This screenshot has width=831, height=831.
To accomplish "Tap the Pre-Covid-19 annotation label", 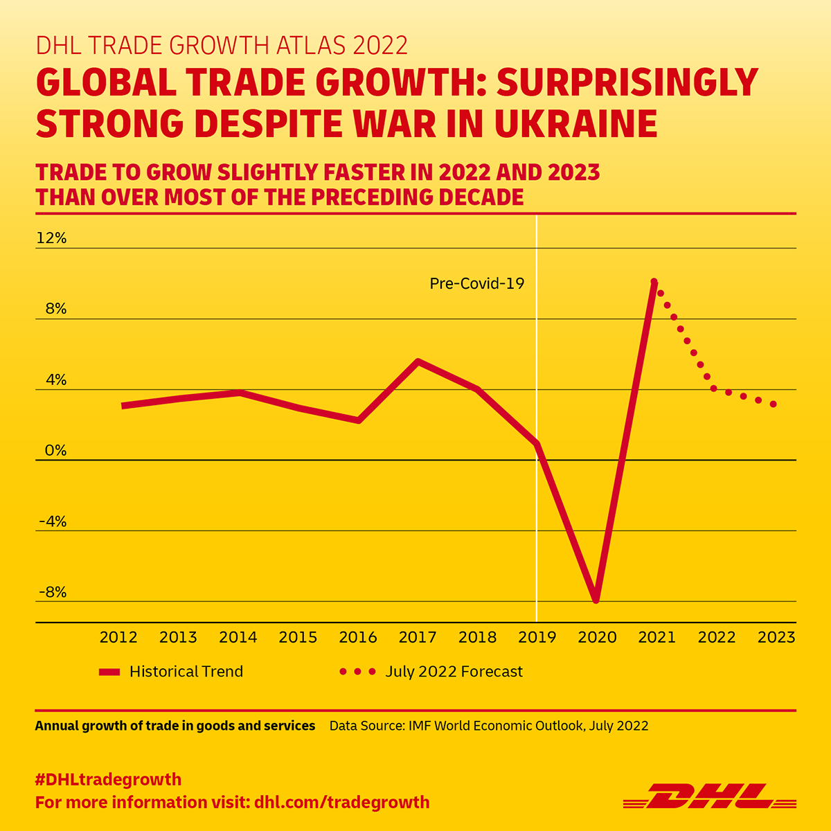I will pos(476,283).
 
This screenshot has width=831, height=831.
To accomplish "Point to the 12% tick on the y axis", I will pos(52,238).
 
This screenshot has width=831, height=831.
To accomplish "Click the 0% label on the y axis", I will pos(55,451).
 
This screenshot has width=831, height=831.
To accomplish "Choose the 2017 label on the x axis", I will pos(418,637).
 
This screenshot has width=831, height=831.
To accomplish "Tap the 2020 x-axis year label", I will pos(597,637).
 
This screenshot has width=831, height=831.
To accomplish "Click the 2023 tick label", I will pos(776,637).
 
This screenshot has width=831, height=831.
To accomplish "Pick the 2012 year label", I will pos(118,637).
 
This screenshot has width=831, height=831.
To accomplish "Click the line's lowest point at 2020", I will pos(596,600).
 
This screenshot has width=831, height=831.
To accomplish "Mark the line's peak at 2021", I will pos(654,283).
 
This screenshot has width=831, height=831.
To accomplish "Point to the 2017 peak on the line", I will pos(418,361).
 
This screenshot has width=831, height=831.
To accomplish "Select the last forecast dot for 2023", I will pos(774,404).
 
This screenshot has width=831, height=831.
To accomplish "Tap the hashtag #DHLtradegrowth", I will pos(108,779).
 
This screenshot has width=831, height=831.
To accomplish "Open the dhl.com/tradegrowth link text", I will pos(342,803).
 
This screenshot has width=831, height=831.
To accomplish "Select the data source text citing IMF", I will pos(489,726).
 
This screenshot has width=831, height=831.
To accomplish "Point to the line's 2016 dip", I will pos(358,420).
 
